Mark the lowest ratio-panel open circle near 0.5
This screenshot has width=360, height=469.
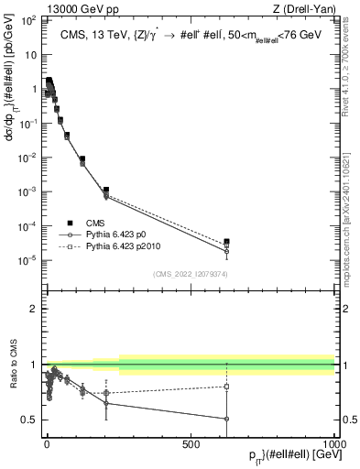point(226,420)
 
